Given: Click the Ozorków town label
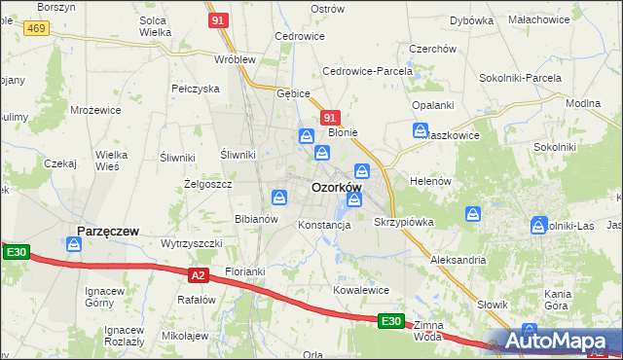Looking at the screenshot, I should tap(336, 187).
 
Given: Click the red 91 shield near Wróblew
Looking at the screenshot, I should tap(219, 19).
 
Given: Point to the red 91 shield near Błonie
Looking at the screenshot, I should tap(330, 117).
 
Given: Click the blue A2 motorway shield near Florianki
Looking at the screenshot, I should tap(199, 275).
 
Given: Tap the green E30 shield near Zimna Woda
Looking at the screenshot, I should tap(390, 320).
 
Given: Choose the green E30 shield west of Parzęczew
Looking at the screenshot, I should tap(16, 253).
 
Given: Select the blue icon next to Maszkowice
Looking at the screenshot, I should tap(421, 129).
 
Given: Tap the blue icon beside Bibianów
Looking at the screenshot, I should tap(279, 198).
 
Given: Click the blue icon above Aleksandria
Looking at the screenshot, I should tap(473, 214).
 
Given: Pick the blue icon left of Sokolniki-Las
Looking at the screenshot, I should tap(539, 226).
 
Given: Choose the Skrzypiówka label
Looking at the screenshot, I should tap(403, 222).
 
